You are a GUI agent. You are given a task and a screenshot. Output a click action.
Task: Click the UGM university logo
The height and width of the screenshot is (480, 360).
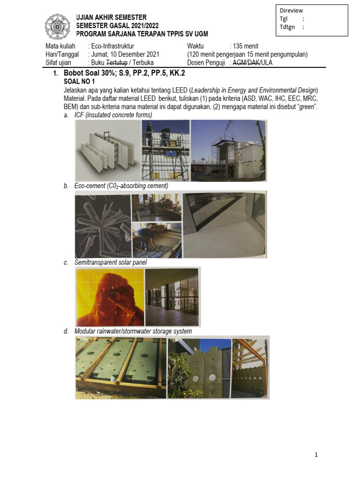click(x=57, y=26)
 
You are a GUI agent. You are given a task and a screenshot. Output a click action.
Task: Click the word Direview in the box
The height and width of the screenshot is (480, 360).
click(x=291, y=11)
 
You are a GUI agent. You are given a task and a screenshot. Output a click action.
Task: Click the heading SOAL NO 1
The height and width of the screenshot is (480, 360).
click(x=79, y=82)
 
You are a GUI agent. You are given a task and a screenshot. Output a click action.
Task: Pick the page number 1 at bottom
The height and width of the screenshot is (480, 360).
click(x=316, y=455)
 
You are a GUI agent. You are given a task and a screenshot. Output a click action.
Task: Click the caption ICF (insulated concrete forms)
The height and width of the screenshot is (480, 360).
click(x=113, y=115)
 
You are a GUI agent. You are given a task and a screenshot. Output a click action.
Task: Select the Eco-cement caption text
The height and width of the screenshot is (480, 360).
click(x=121, y=186)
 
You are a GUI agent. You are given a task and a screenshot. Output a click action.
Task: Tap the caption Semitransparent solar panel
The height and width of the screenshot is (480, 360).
click(x=110, y=262)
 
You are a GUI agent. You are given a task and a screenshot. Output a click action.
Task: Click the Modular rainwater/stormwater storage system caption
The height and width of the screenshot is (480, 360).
click(x=133, y=331)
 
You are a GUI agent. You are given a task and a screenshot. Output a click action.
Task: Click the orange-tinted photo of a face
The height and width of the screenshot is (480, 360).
click(x=109, y=297)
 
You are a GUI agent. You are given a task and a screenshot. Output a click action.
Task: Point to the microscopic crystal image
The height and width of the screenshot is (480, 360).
click(x=103, y=226)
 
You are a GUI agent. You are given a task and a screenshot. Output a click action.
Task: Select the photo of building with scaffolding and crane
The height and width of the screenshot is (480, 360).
click(x=229, y=150)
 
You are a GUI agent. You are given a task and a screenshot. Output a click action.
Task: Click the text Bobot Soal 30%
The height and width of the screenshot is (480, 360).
click(x=87, y=74)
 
